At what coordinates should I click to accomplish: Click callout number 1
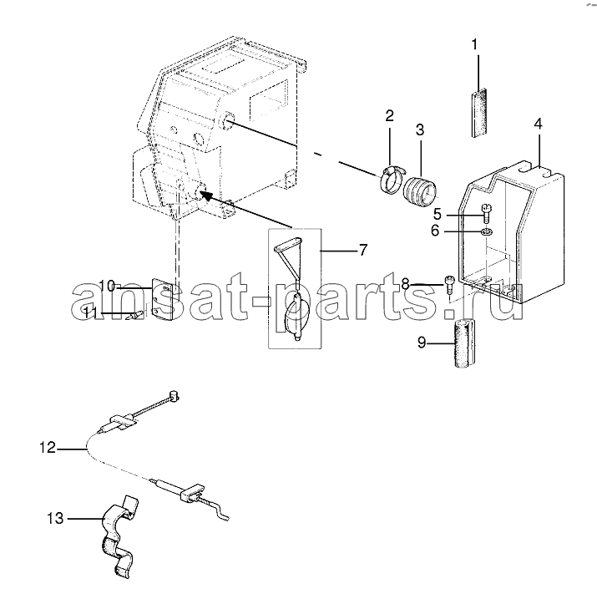click(474, 45)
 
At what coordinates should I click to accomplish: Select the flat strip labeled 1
click(478, 113)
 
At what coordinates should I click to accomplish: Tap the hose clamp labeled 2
click(390, 178)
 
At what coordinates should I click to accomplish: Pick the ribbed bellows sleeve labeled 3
click(420, 192)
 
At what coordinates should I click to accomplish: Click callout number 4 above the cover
click(538, 124)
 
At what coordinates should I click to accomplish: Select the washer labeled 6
click(487, 231)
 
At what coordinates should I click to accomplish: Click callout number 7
click(362, 250)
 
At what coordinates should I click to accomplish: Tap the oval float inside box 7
click(294, 311)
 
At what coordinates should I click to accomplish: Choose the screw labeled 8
click(450, 285)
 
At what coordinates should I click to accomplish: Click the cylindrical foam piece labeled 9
click(464, 343)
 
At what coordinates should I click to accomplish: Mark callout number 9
click(422, 343)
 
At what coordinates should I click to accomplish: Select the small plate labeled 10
click(163, 299)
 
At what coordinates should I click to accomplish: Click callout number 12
click(48, 447)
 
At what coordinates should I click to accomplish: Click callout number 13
click(55, 519)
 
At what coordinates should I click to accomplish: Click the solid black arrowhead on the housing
click(206, 195)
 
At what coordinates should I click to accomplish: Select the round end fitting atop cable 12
click(174, 396)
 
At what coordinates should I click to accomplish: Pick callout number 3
click(420, 129)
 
